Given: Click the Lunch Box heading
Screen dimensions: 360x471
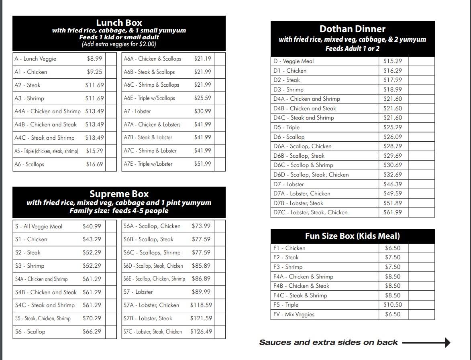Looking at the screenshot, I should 119,23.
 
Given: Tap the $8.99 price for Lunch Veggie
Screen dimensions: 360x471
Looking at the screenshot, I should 94,59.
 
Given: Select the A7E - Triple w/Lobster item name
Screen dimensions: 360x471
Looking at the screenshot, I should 148,164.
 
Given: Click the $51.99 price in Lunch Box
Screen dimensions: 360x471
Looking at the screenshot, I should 202,164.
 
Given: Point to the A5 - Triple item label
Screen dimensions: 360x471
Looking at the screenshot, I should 46,151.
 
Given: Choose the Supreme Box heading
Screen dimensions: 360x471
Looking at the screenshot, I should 119,194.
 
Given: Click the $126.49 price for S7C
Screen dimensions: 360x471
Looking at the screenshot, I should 201,332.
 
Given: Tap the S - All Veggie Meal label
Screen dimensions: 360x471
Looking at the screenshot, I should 39,226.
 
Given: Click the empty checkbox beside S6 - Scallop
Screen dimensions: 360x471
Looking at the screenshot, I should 111,332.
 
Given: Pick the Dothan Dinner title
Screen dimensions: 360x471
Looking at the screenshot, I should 352,29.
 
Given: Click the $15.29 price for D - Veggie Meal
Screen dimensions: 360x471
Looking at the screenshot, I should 392,61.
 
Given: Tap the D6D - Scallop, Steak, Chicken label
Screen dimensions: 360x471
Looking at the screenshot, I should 311,175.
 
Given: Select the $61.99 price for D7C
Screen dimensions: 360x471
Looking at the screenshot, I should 392,212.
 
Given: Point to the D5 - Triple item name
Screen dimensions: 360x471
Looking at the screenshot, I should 286,127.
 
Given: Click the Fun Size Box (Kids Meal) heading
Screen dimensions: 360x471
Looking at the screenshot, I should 352,236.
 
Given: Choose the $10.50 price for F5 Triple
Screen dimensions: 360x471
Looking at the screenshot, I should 392,305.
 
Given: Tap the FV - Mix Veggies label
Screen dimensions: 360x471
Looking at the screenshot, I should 294,314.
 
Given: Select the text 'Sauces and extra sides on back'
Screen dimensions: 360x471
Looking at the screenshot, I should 328,342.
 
